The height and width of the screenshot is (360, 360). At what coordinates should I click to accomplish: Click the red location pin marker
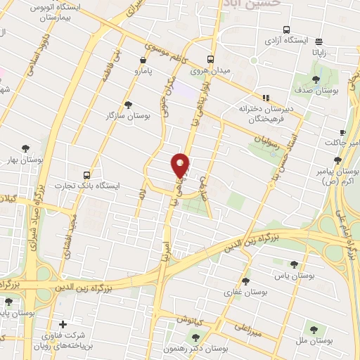[x=181, y=165]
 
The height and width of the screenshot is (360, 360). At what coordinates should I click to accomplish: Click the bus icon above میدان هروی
[x=210, y=60]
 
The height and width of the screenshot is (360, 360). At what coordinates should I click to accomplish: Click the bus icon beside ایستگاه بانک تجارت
[x=86, y=174]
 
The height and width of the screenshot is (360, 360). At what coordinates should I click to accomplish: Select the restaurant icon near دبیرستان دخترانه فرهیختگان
[x=266, y=98]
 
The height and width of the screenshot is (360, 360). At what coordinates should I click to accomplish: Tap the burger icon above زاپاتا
[x=319, y=41]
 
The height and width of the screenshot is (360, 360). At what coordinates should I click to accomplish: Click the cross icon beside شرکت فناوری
[x=64, y=325]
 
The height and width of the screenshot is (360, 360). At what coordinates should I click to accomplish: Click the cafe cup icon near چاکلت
[x=342, y=132]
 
